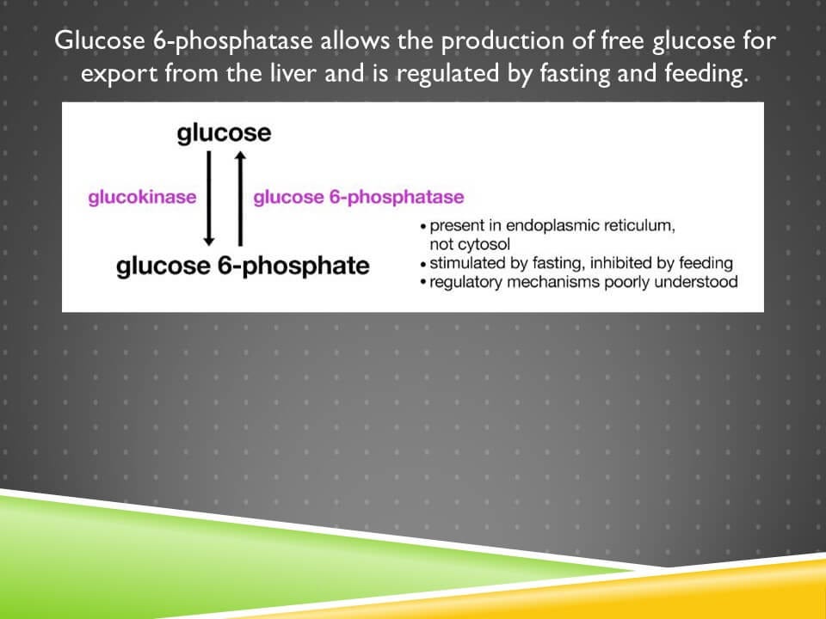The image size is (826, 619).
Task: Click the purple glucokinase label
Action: tap(142, 197)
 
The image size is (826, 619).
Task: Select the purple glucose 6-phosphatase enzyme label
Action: tap(359, 197)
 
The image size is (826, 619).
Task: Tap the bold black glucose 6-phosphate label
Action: tap(243, 265)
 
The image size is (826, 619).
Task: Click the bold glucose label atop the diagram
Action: tap(224, 133)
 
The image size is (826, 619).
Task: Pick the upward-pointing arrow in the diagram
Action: tap(240, 198)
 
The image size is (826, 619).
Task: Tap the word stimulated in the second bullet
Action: tap(469, 263)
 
